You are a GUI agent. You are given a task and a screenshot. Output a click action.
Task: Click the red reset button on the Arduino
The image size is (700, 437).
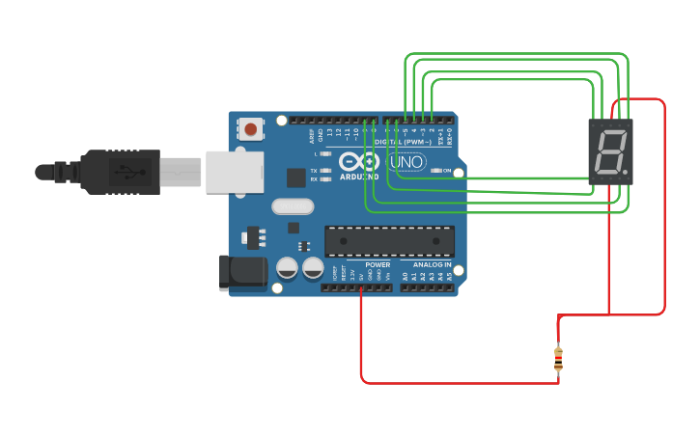251,128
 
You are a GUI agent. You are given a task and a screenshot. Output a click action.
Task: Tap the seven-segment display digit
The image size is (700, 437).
609,151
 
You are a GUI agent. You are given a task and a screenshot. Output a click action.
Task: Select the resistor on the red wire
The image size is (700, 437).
558,359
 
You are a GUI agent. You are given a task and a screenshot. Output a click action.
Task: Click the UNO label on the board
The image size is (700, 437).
406,162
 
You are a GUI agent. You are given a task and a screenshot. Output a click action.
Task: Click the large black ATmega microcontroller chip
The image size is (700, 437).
389,241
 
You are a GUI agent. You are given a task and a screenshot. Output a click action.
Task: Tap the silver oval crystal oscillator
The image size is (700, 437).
293,205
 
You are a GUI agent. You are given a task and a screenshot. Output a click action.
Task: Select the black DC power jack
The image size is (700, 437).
242,272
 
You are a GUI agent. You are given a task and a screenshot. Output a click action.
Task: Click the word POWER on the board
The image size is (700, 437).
378,264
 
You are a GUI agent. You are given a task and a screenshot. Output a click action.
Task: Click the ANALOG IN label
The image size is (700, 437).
432,264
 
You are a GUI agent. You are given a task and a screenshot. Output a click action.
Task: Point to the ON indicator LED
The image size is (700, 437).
436,171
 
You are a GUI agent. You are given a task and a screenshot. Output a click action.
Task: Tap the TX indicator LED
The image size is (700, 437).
325,171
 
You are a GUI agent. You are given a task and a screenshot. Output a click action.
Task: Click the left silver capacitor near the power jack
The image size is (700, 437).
287,268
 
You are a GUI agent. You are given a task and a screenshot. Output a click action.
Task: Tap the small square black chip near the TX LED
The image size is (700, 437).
296,178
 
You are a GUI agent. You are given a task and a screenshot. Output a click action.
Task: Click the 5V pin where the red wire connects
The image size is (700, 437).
361,287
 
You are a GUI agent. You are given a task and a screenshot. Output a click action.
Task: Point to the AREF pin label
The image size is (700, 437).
312,135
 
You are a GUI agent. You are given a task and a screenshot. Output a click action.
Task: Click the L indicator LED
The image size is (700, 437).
325,153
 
